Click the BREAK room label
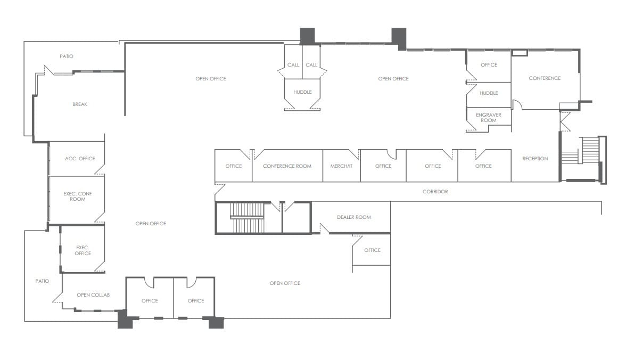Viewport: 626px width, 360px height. (x=80, y=104)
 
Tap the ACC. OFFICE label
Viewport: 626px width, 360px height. (x=80, y=159)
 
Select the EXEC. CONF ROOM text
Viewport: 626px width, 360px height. (x=78, y=197)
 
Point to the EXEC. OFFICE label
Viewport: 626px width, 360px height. (x=83, y=250)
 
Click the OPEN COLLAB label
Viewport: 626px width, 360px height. (x=93, y=295)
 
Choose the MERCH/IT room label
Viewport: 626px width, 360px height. (x=341, y=166)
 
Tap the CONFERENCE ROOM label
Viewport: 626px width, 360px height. (x=287, y=166)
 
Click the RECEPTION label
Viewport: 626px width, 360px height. (x=535, y=159)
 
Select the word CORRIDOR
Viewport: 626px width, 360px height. (x=435, y=192)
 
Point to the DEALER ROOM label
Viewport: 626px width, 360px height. (x=354, y=217)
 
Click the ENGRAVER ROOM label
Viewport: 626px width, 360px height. (x=489, y=118)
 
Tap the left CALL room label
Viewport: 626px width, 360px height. (x=293, y=65)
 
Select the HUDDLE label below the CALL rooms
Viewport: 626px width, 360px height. (x=302, y=92)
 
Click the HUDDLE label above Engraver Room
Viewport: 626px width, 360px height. (x=489, y=93)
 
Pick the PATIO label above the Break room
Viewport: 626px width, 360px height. (x=67, y=56)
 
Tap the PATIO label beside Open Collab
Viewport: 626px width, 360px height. (x=42, y=281)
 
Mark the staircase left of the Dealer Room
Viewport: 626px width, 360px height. (x=248, y=218)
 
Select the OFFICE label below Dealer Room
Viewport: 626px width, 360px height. (x=372, y=250)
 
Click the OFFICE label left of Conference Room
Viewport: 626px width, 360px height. (x=233, y=166)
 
